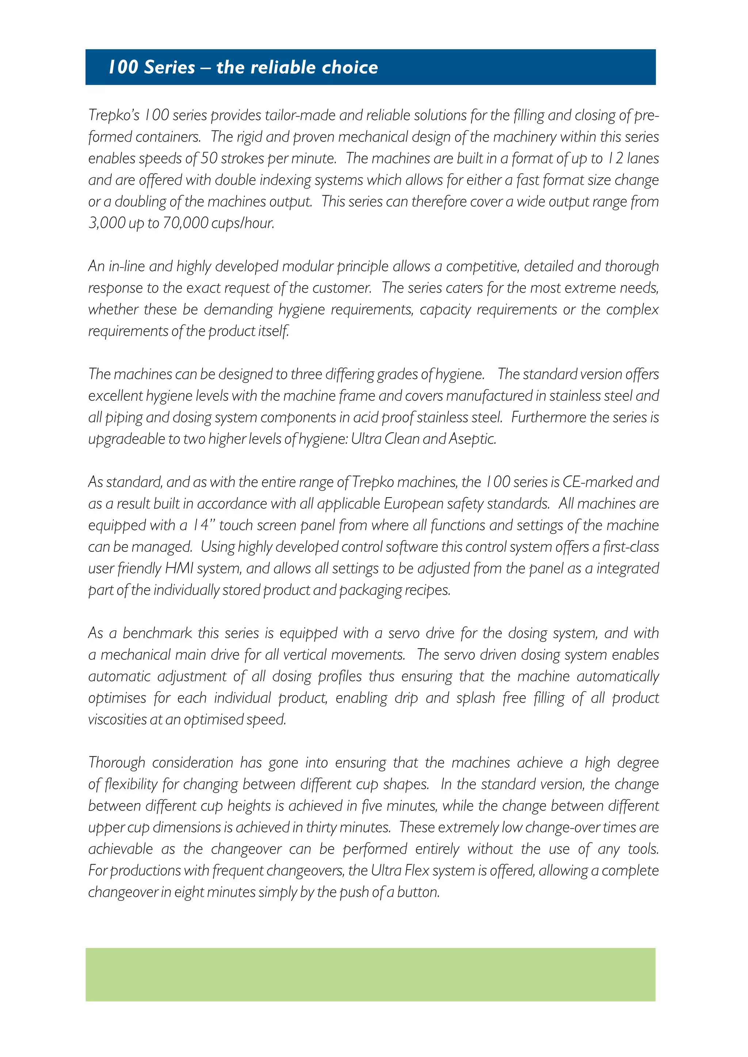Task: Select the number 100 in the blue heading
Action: (x=123, y=67)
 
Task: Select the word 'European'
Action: (x=409, y=504)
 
